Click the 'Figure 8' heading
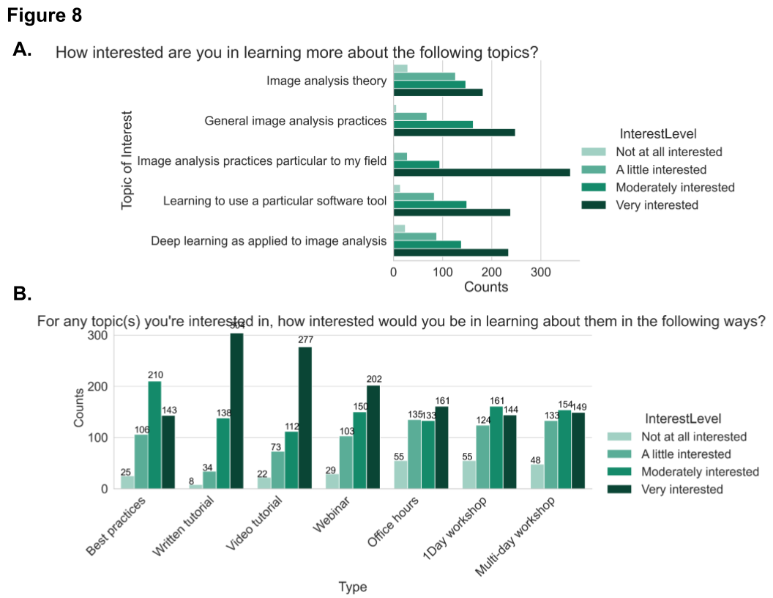[x=45, y=15]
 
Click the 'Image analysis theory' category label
[x=326, y=81]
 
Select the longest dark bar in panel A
[x=482, y=172]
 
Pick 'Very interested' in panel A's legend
[x=657, y=205]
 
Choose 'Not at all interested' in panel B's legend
[x=692, y=437]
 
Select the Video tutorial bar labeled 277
[x=305, y=418]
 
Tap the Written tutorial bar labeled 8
[x=195, y=486]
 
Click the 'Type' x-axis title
[x=352, y=586]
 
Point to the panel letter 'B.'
[x=23, y=294]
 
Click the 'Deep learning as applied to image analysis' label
[x=269, y=240]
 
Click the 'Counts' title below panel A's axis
[x=486, y=287]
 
